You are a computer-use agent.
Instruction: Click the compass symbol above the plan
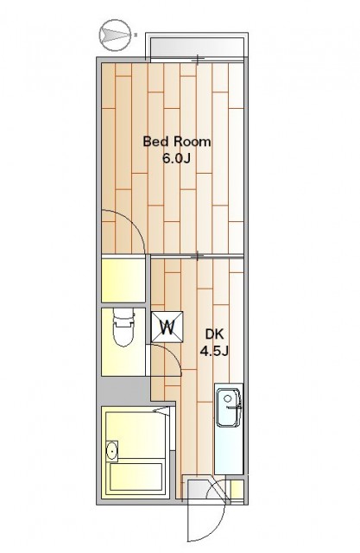(114, 35)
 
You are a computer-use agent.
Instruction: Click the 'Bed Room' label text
(177, 142)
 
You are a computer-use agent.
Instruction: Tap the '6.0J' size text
(176, 158)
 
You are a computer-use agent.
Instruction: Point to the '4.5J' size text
(214, 351)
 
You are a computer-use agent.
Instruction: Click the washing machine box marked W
(167, 327)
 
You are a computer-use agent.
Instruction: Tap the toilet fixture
(123, 328)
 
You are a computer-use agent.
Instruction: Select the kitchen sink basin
(229, 407)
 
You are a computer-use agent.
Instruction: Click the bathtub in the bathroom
(136, 476)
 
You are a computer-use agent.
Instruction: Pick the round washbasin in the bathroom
(112, 450)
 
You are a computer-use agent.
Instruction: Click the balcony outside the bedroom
(197, 46)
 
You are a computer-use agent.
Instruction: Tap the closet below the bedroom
(123, 280)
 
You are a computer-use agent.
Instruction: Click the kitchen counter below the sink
(229, 451)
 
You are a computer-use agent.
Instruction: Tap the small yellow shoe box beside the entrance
(237, 489)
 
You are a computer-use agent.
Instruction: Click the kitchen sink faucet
(235, 407)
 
